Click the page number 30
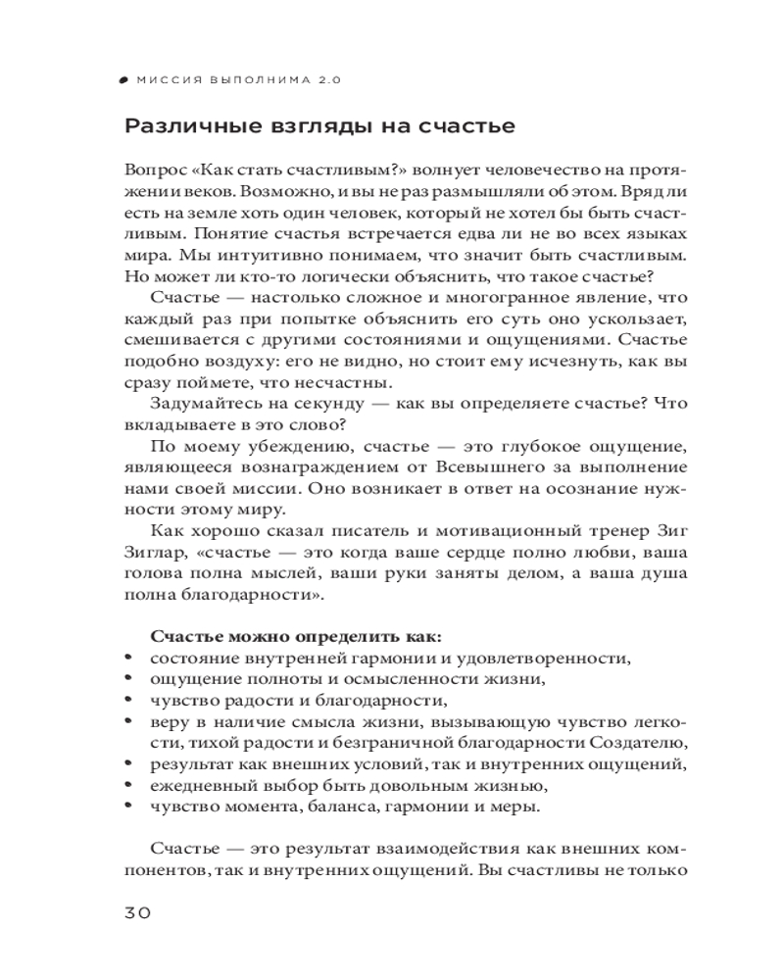tap(136, 912)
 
